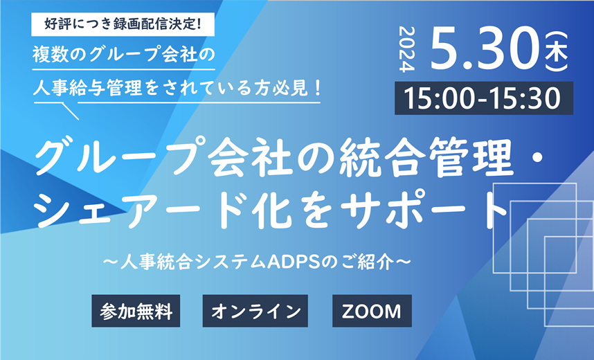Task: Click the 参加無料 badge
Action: click(x=136, y=311)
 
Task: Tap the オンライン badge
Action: click(x=255, y=311)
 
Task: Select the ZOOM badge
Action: click(x=372, y=311)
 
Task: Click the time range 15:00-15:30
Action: click(x=484, y=98)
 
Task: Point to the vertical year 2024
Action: click(x=407, y=49)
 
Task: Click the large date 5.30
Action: click(x=485, y=49)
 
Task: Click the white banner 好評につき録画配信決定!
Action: click(x=123, y=24)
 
